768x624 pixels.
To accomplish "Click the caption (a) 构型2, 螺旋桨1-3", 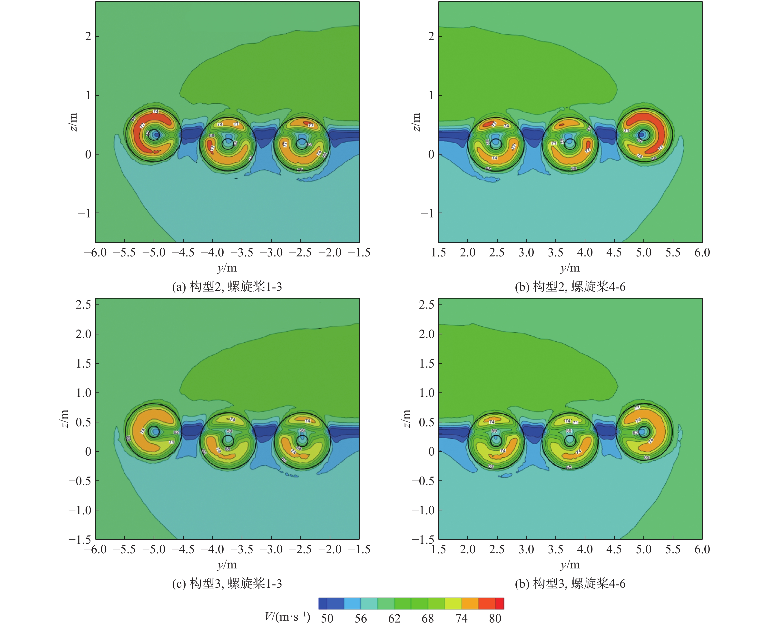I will click(227, 287).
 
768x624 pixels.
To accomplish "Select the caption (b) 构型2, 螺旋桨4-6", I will click(570, 287).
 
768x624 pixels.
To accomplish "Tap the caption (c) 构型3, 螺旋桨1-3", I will click(227, 584).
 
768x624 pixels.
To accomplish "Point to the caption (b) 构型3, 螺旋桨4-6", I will click(570, 584).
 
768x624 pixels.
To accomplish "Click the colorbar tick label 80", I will click(495, 618).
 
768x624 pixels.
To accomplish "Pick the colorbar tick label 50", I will click(327, 618).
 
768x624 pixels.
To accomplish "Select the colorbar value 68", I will click(427, 618).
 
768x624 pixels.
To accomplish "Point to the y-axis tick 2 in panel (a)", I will click(88, 36).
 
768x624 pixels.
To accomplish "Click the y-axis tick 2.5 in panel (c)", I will click(83, 304).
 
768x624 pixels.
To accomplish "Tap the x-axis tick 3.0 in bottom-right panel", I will click(526, 550).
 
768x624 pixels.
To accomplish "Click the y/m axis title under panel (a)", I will click(227, 268).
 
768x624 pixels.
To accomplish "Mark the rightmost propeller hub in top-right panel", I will click(643, 134).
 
